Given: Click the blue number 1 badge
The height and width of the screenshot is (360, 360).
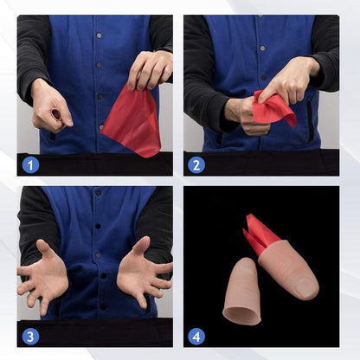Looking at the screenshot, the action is tap(30, 165).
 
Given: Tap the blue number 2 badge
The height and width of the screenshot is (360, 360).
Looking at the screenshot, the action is tap(196, 165).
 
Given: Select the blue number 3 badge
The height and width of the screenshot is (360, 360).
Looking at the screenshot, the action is tap(30, 337).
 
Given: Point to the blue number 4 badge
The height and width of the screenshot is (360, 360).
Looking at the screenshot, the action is tap(196, 337).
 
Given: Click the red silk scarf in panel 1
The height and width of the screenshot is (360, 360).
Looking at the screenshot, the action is tap(132, 121).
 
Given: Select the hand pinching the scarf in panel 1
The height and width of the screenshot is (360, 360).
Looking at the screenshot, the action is tap(150, 69).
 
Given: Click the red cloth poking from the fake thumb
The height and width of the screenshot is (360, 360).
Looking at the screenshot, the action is tap(260, 234).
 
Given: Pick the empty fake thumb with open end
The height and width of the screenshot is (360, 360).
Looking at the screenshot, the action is tap(241, 292).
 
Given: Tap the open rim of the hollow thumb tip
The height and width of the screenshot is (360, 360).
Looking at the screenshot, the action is tap(241, 316).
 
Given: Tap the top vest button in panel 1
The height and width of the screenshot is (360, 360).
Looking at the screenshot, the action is tap(99, 35).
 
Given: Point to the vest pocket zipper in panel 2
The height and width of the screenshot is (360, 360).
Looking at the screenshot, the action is tap(310, 121).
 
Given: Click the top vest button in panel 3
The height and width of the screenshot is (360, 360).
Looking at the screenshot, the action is tap(99, 192).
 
